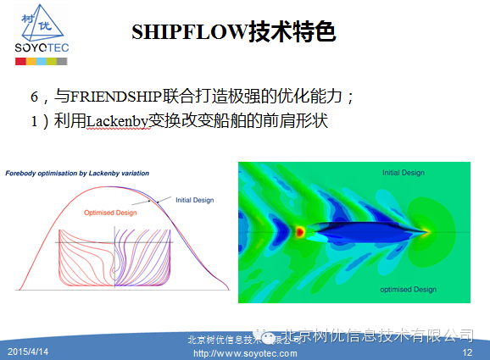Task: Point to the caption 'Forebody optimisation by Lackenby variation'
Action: pyautogui.click(x=77, y=173)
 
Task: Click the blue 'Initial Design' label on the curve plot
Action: pyautogui.click(x=194, y=200)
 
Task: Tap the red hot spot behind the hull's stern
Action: pyautogui.click(x=299, y=230)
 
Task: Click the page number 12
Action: pyautogui.click(x=466, y=351)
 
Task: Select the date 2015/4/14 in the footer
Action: pyautogui.click(x=29, y=351)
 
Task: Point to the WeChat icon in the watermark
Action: pyautogui.click(x=268, y=336)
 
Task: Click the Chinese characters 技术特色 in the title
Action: pyautogui.click(x=292, y=32)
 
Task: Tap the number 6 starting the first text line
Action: pyautogui.click(x=35, y=97)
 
